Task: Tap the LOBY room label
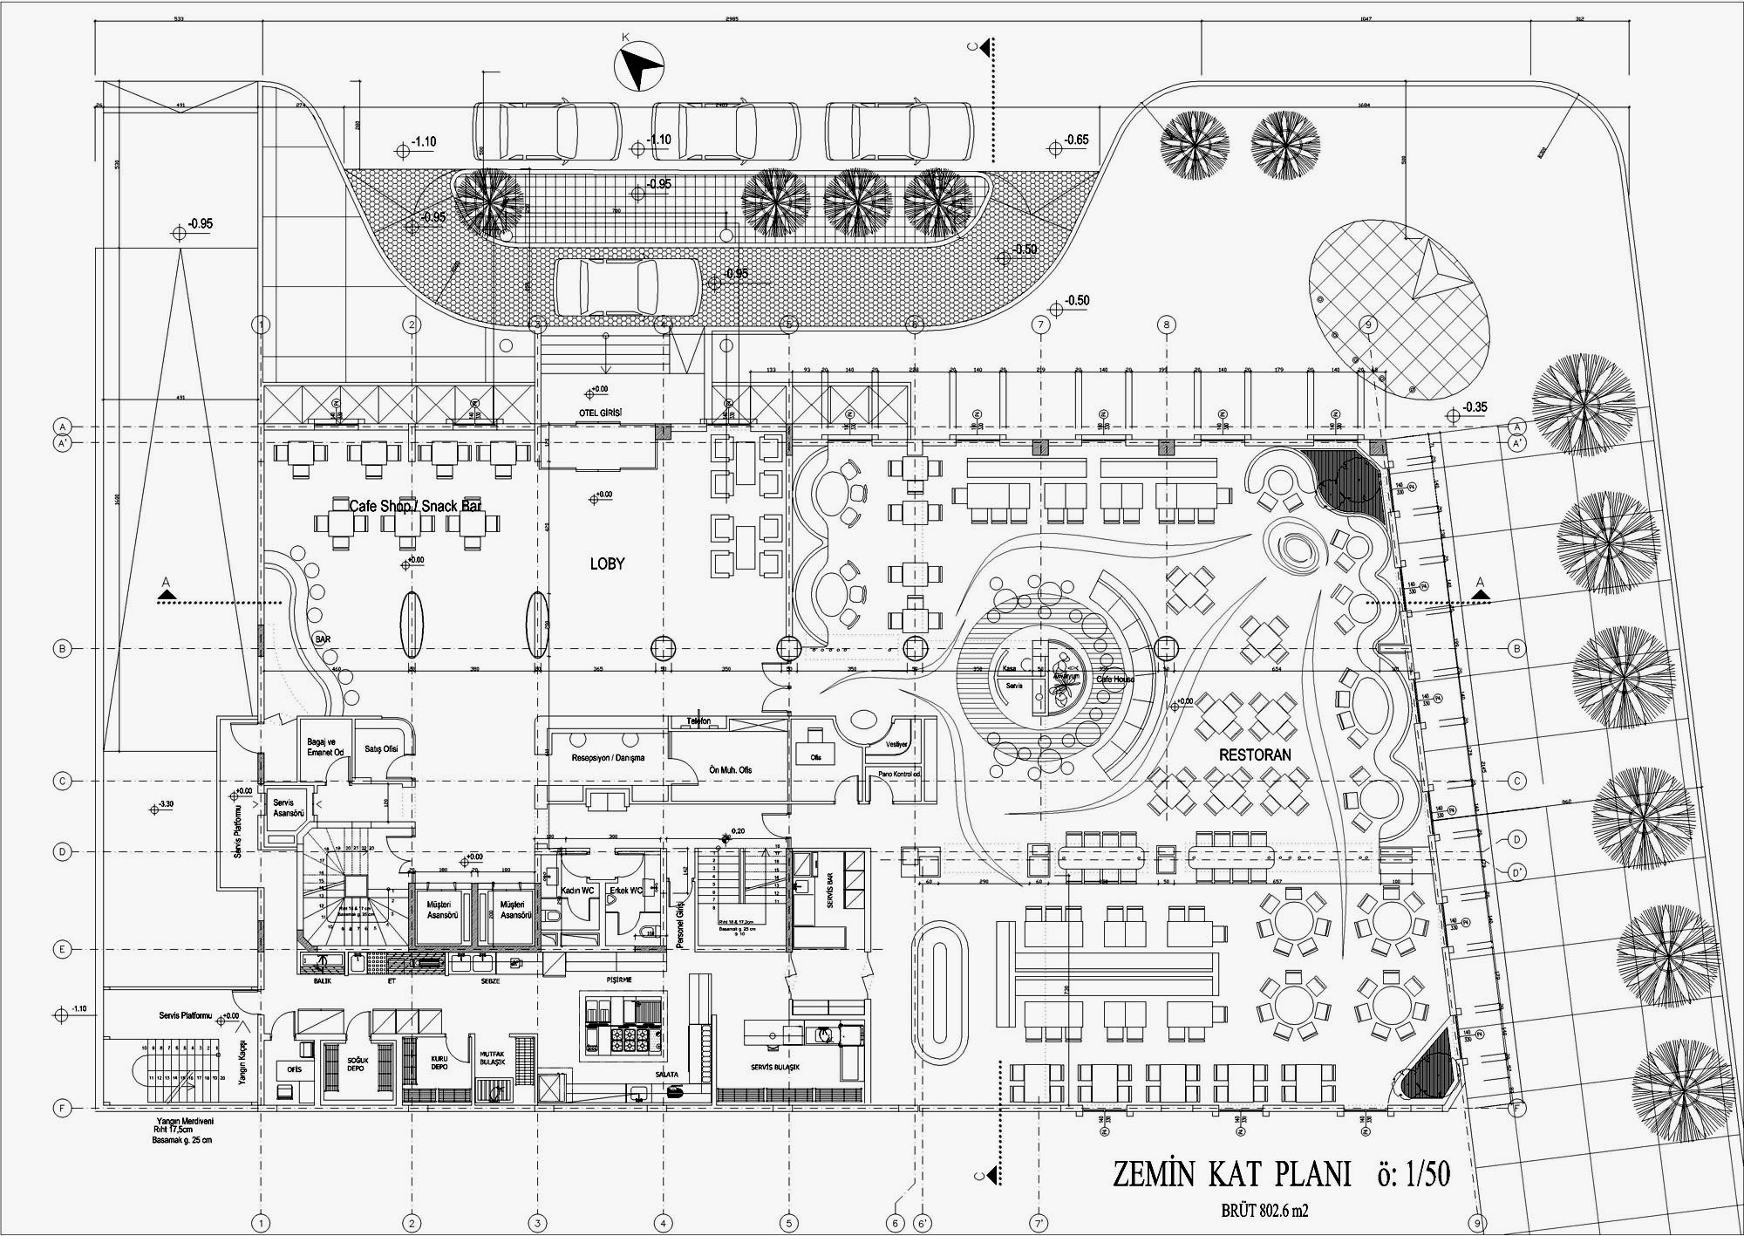607,564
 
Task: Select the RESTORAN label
1255,755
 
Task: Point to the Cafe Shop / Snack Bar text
415,506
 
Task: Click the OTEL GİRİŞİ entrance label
600,413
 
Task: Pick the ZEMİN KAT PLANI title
1231,1174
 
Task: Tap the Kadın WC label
576,891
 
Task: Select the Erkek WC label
625,891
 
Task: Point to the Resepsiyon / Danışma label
608,758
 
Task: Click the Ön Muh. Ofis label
730,770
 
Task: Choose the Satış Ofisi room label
380,748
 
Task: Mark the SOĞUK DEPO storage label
355,1064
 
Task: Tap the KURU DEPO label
439,1063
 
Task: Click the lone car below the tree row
627,287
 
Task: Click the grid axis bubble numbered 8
1166,325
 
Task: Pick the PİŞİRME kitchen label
619,980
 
